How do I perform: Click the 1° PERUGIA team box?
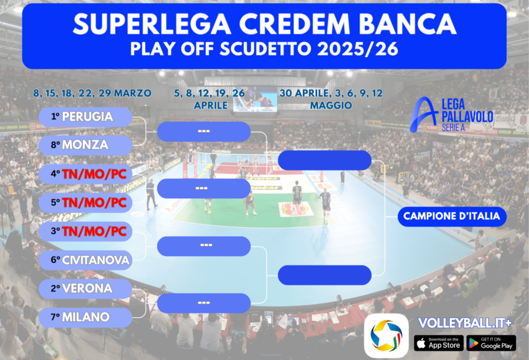tap(85, 116)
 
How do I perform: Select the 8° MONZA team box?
tap(85, 145)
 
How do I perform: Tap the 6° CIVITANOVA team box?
tap(85, 259)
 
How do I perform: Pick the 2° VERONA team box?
tap(85, 288)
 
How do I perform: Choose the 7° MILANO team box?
tap(85, 317)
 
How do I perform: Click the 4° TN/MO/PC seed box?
tap(85, 174)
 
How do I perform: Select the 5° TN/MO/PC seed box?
tap(85, 202)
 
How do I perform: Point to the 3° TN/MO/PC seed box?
tap(85, 231)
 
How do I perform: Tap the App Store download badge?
tap(438, 343)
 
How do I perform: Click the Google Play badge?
tap(491, 343)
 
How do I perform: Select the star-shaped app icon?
tap(386, 335)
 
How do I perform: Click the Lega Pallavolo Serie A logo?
tap(452, 115)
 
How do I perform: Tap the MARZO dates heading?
tap(92, 93)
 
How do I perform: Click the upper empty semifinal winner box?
tap(324, 160)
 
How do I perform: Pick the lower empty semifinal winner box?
tap(324, 275)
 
